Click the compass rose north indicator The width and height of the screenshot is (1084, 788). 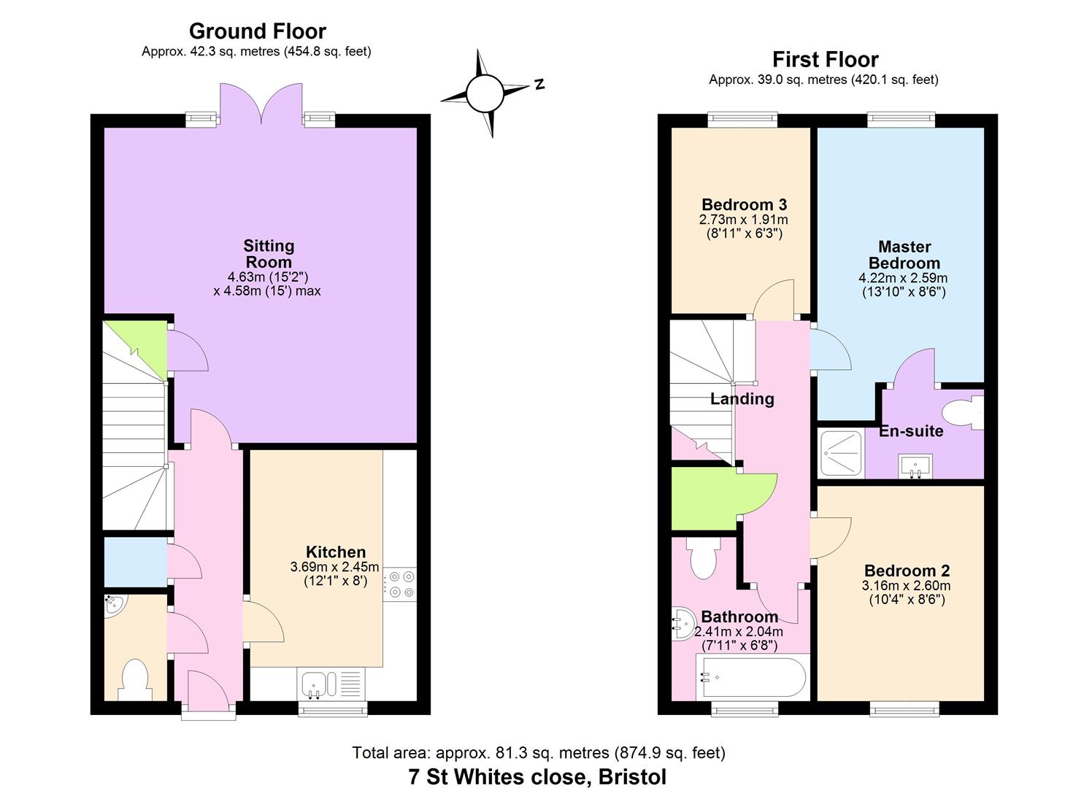tap(539, 84)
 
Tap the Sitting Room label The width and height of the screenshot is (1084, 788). tap(269, 254)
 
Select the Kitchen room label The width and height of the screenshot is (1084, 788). tap(336, 552)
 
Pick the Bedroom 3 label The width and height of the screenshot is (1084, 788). tap(744, 204)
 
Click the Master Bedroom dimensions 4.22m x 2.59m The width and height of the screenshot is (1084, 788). tap(904, 278)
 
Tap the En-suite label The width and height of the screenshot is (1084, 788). tap(910, 431)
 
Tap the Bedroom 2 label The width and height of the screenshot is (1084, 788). tap(907, 571)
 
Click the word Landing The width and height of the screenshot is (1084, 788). tap(742, 399)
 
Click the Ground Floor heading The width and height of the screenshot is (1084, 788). tap(257, 31)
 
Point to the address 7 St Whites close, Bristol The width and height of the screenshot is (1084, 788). tap(537, 776)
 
